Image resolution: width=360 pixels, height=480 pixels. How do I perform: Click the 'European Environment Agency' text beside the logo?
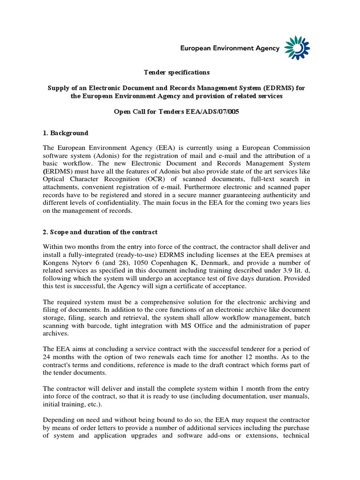point(230,48)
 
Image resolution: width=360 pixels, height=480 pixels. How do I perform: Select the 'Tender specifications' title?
point(177,73)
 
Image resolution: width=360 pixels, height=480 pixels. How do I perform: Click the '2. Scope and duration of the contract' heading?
point(100,232)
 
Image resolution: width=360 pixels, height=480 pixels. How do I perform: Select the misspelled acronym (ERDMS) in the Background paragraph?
point(58,171)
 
